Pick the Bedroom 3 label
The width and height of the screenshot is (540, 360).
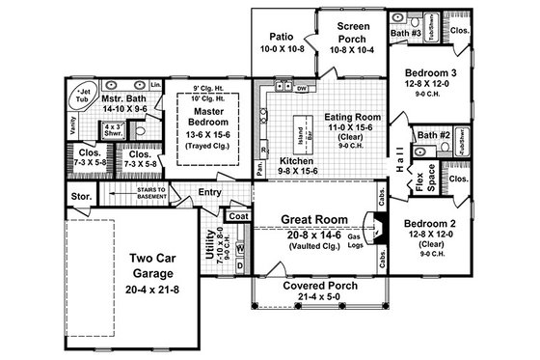coord(430,73)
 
